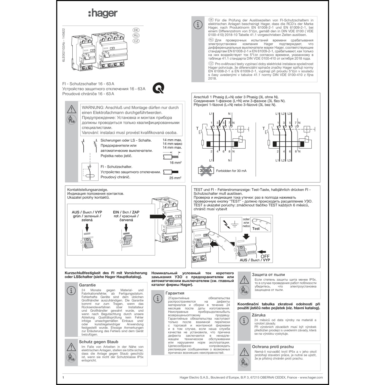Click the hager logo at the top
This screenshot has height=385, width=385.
coord(103,13)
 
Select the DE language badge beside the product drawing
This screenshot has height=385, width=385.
coord(136,30)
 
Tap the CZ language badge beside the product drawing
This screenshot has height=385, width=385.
coord(136,41)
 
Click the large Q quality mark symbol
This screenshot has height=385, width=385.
coord(158,89)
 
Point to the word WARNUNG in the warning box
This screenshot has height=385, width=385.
coord(93,108)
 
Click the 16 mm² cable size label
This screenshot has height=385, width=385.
coord(176,162)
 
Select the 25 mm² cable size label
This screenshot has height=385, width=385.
coord(175,178)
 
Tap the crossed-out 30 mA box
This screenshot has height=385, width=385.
coord(206,171)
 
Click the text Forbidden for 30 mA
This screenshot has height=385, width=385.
coord(231,171)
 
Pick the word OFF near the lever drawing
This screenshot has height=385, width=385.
coord(265,256)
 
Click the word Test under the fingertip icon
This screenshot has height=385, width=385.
coord(256,228)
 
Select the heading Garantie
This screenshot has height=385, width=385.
coord(87,285)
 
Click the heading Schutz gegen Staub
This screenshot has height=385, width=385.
coord(99,342)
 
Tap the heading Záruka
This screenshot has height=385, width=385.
coord(258,315)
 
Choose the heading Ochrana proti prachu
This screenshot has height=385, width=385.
coord(273,347)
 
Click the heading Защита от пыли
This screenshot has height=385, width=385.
coord(268,275)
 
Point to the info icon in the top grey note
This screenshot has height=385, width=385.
coord(198,25)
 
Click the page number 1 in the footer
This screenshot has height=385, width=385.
coord(63,377)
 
